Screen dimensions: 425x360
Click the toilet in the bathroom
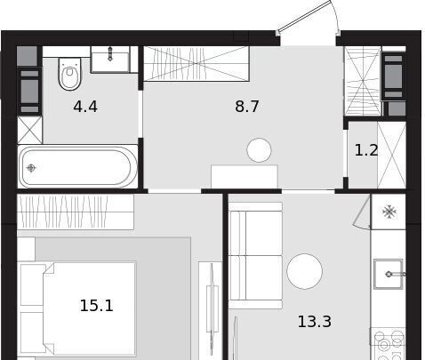pos(69,74)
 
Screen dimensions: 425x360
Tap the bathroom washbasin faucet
pos(110,53)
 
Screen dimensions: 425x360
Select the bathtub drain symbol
pos(31,168)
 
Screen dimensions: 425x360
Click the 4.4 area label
pos(85,107)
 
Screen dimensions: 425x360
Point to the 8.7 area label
pos(247,107)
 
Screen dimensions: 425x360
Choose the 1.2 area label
pos(366,150)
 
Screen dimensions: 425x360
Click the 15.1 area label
pos(97,306)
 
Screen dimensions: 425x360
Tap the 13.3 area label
pos(315,322)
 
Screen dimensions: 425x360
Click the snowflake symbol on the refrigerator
pos(389,212)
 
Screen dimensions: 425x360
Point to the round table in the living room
pos(305,271)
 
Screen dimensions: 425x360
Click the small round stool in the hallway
pos(259,150)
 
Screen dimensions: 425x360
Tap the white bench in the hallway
pos(245,177)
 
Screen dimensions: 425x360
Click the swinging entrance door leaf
pos(304,16)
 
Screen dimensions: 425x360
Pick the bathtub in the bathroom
pos(77,166)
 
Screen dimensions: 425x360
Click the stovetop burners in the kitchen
pos(389,345)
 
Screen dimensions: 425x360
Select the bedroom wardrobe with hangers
pos(76,212)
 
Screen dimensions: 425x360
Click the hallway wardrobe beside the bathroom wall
pos(196,63)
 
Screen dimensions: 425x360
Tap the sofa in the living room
pos(255,256)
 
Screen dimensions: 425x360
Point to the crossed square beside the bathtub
pos(29,131)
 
